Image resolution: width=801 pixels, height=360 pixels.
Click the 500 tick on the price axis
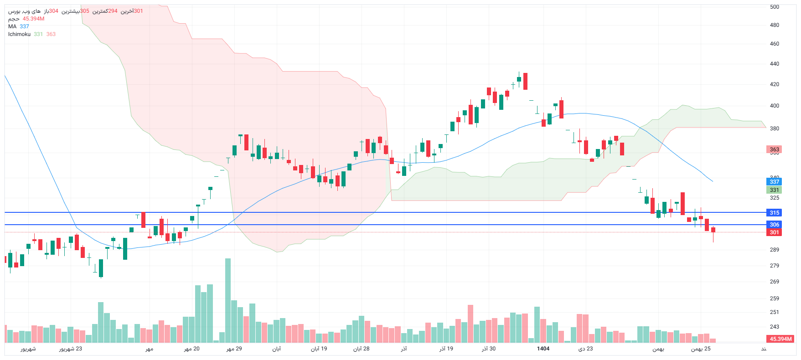774,7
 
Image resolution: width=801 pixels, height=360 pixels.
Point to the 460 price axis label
774,44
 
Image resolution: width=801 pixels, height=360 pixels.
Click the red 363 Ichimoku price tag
774,149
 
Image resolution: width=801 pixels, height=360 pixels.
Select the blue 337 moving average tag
774,182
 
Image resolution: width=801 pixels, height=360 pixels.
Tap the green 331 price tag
774,190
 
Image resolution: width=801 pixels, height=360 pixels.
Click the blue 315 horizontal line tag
774,213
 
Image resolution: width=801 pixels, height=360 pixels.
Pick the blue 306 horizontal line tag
774,225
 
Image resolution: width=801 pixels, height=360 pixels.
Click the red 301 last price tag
774,232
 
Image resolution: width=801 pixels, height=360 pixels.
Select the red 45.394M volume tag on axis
781,339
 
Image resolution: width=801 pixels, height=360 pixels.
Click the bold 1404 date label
543,349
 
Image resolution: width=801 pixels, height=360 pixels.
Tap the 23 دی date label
585,349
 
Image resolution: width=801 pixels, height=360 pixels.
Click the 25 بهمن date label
701,349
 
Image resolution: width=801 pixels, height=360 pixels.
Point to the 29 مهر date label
234,349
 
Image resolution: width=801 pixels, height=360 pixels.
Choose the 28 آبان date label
361,349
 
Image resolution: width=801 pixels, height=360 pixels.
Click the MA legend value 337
24,26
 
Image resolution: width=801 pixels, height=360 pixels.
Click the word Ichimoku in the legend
19,34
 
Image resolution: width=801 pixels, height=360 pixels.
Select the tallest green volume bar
228,301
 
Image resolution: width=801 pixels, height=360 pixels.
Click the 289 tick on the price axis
774,250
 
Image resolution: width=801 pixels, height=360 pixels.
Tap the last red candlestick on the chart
713,230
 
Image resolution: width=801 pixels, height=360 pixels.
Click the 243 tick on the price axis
774,327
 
